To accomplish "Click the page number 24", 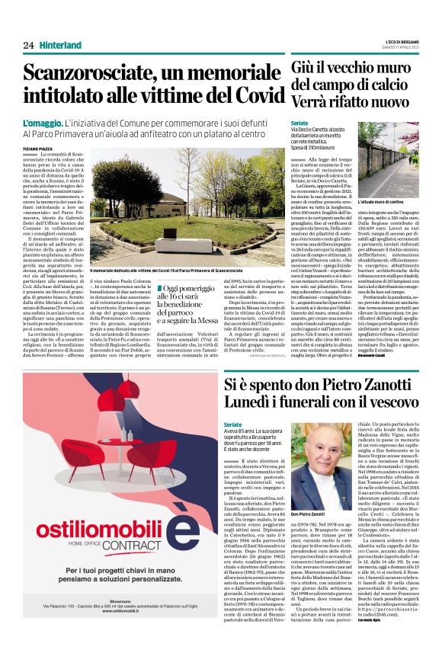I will [x=28, y=46].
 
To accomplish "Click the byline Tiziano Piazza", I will [x=39, y=149].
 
